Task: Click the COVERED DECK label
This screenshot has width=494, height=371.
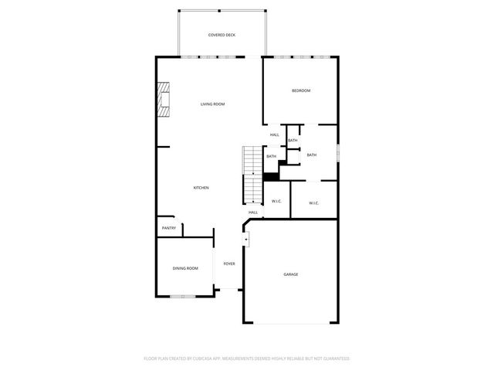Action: click(x=222, y=36)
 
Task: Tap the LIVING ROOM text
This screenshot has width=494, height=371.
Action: click(x=212, y=104)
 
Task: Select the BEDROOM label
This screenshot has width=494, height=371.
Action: click(x=300, y=91)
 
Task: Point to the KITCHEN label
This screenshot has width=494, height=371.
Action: click(x=201, y=188)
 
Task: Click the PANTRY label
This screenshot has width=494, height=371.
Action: click(x=168, y=228)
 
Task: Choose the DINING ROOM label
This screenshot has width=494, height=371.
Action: click(x=185, y=268)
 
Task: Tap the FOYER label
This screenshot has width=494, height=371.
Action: click(x=229, y=264)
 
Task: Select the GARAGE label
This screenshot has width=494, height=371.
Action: click(x=291, y=274)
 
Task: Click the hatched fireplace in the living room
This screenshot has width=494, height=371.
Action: click(x=164, y=99)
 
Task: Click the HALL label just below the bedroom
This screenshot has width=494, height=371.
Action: click(x=274, y=135)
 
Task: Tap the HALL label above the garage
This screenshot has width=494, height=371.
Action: click(x=252, y=213)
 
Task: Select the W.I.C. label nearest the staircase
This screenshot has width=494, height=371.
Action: click(x=276, y=203)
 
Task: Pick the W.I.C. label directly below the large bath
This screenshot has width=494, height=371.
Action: click(x=314, y=203)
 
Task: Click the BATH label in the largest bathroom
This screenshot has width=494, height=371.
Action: click(x=311, y=155)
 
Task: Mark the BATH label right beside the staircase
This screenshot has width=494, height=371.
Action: click(x=271, y=157)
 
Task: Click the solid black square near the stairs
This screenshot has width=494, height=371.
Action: click(x=269, y=176)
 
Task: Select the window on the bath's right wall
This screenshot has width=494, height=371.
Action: click(x=337, y=152)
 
